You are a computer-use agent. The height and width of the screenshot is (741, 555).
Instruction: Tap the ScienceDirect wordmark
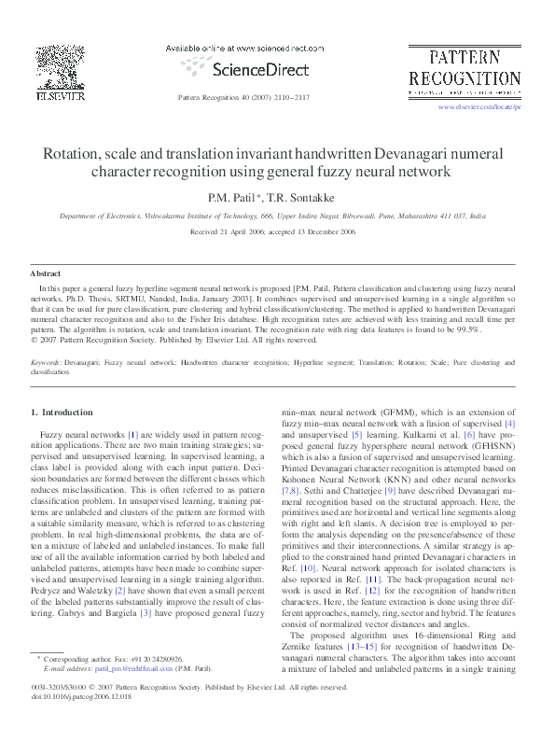click(244, 68)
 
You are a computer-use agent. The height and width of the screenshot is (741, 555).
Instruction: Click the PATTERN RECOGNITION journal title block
click(464, 68)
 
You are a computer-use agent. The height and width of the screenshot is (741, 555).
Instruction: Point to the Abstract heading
click(46, 273)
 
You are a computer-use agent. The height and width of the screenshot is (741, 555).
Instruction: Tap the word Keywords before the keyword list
click(47, 360)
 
